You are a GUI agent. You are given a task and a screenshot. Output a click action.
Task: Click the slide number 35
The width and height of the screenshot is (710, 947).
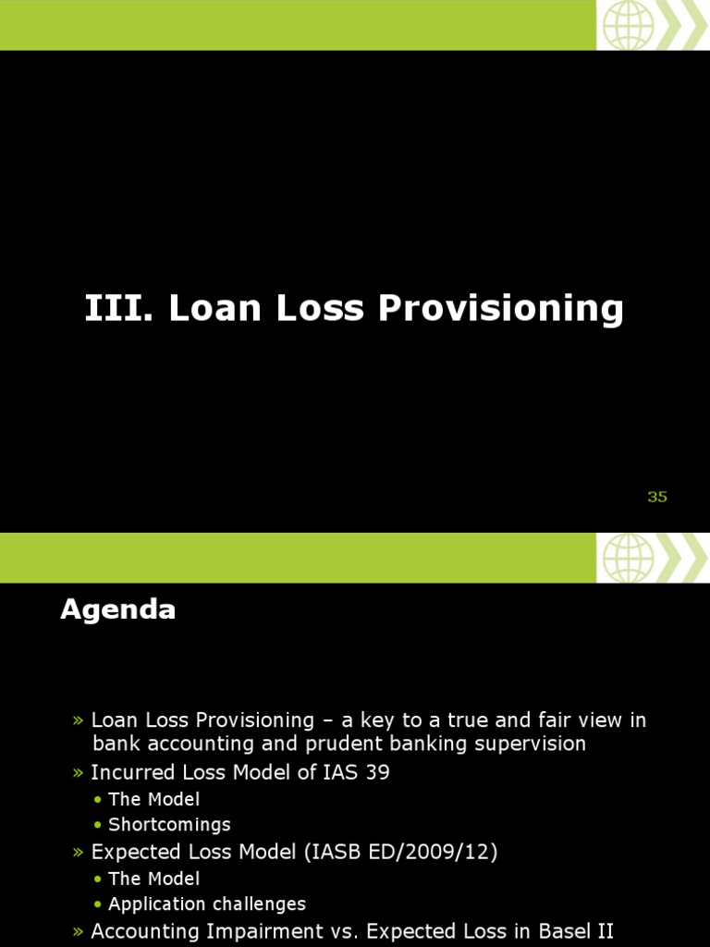tap(657, 497)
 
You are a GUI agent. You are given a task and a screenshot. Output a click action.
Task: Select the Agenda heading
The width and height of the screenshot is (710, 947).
tap(118, 610)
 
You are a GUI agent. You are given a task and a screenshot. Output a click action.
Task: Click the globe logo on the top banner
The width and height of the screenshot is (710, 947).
tap(628, 25)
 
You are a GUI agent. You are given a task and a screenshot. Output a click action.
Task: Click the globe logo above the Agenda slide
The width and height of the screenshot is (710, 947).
tap(628, 558)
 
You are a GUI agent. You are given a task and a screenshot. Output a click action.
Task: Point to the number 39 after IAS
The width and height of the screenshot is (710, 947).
tap(376, 772)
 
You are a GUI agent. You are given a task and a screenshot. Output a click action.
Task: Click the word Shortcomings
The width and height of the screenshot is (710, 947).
tap(169, 824)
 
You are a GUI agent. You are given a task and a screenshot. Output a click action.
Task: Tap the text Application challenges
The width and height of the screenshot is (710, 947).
tap(207, 904)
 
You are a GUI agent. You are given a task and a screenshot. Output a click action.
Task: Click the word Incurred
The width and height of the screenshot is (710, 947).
tap(129, 772)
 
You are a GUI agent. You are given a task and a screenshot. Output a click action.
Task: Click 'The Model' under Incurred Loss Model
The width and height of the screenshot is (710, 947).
tap(153, 798)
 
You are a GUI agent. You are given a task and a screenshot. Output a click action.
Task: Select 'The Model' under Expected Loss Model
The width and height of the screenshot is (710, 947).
tap(153, 878)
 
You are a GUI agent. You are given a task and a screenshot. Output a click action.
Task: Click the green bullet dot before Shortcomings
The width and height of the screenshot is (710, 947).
tap(98, 825)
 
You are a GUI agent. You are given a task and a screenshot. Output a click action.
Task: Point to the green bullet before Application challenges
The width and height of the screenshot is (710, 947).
tap(98, 904)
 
